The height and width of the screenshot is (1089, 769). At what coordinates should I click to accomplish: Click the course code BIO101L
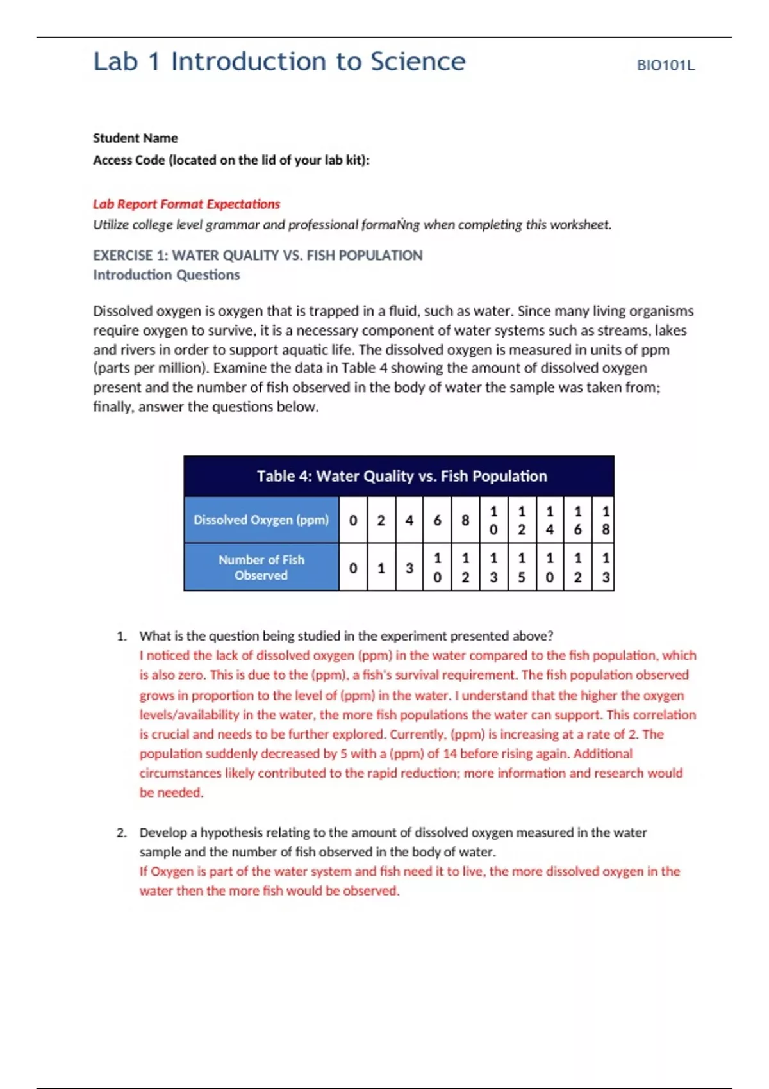click(665, 65)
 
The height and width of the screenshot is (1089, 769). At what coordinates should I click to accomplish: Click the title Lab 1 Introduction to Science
click(279, 61)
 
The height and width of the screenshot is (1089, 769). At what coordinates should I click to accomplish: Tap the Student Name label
click(135, 138)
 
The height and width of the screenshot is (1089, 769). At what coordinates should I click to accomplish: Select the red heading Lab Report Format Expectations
click(186, 204)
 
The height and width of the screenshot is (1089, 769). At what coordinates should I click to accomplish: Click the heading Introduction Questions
click(166, 275)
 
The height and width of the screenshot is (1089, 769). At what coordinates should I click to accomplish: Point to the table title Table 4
click(401, 476)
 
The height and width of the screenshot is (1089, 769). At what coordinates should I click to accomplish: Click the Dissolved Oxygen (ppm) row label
click(261, 520)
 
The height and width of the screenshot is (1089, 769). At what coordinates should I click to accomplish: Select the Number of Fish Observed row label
click(261, 567)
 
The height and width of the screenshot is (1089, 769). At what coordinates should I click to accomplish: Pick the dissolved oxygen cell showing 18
click(605, 520)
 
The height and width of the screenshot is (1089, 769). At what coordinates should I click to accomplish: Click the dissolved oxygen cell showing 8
click(465, 520)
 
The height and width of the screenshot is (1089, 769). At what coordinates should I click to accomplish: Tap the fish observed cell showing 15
click(521, 568)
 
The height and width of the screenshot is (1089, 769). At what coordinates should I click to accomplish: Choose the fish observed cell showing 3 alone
click(409, 568)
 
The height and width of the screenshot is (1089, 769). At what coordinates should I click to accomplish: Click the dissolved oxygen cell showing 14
click(549, 520)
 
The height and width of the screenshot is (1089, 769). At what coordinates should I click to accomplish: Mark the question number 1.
click(121, 636)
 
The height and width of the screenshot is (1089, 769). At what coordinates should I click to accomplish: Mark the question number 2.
click(121, 833)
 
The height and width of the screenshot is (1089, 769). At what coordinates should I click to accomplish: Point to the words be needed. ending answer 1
click(171, 792)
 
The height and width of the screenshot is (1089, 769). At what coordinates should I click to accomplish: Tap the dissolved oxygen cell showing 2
click(381, 520)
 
